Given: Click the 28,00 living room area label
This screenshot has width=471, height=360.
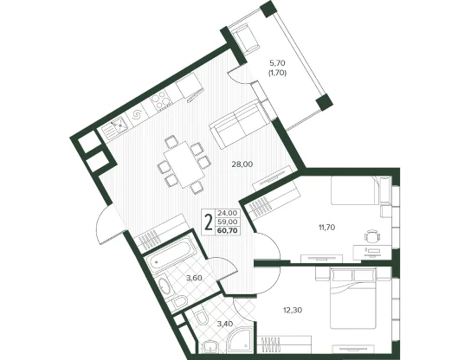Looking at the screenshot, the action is [242, 164].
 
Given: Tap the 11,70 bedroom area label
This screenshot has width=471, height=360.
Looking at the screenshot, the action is [326, 228].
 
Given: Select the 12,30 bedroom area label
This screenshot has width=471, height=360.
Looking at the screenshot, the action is [293, 310].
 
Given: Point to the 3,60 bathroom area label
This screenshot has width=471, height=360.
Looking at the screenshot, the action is [194, 278].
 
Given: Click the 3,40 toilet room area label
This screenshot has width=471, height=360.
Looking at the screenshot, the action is [224, 324].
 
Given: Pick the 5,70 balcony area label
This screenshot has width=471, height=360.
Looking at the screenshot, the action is [277, 63].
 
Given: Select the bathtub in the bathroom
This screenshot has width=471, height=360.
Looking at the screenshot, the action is [171, 254].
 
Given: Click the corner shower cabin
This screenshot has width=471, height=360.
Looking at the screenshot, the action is [239, 340].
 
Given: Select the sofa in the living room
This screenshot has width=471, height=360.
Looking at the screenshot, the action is [238, 124].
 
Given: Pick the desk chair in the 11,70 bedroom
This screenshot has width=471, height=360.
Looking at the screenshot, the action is [373, 235].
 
